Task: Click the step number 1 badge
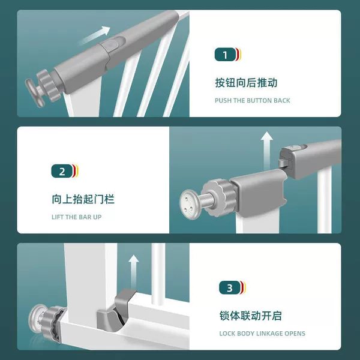pyautogui.click(x=228, y=55)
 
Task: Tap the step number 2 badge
pyautogui.click(x=65, y=171)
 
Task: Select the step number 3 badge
pyautogui.click(x=232, y=287)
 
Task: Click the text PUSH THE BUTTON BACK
pyautogui.click(x=253, y=101)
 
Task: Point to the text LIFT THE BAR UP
pyautogui.click(x=76, y=217)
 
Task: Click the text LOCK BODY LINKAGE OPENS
pyautogui.click(x=262, y=334)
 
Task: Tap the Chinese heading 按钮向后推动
pyautogui.click(x=246, y=83)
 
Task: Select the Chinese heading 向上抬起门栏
pyautogui.click(x=83, y=199)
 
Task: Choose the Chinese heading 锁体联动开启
pyautogui.click(x=250, y=316)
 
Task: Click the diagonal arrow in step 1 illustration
pyautogui.click(x=94, y=35)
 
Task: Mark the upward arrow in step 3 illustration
pyautogui.click(x=134, y=272)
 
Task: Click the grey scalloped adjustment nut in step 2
pyautogui.click(x=218, y=198)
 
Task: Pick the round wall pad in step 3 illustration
pyautogui.click(x=37, y=319)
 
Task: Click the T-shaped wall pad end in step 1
pyautogui.click(x=34, y=92)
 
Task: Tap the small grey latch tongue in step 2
pyautogui.click(x=283, y=163)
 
